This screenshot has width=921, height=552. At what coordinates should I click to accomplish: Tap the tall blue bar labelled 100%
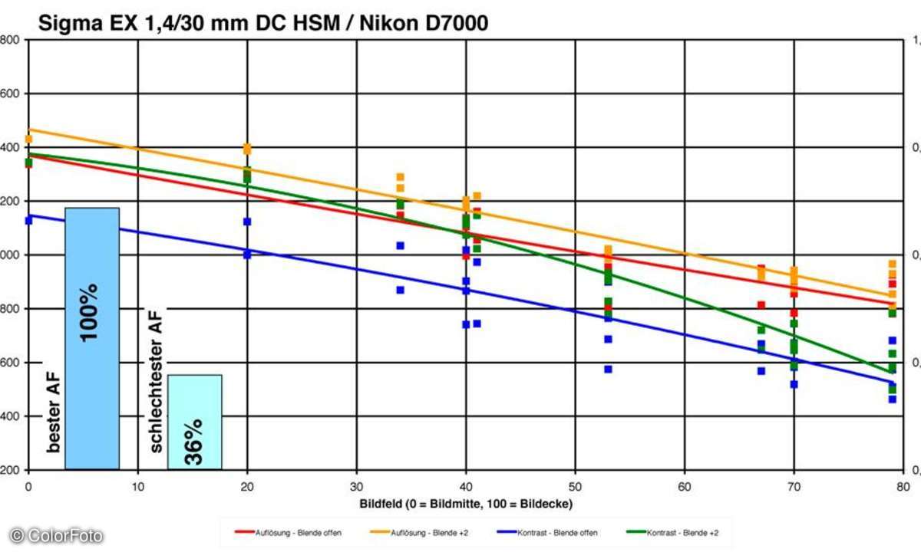pyautogui.click(x=92, y=337)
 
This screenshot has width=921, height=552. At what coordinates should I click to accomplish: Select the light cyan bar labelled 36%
pyautogui.click(x=194, y=422)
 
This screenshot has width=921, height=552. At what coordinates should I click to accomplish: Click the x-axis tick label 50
pyautogui.click(x=575, y=486)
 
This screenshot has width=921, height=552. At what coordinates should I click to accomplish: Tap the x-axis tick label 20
pyautogui.click(x=247, y=486)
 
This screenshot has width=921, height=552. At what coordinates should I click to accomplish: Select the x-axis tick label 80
pyautogui.click(x=903, y=486)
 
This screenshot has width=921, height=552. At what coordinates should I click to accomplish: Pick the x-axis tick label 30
pyautogui.click(x=356, y=486)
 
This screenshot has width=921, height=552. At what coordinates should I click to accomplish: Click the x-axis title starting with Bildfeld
pyautogui.click(x=467, y=504)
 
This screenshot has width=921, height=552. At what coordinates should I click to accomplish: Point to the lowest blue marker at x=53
pyautogui.click(x=608, y=369)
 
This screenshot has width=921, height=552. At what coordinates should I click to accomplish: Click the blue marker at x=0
pyautogui.click(x=28, y=220)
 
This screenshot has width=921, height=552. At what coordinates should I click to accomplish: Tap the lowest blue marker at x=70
pyautogui.click(x=794, y=384)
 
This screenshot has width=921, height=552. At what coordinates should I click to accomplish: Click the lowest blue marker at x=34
pyautogui.click(x=400, y=290)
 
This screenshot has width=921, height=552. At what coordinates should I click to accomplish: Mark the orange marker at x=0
pyautogui.click(x=28, y=140)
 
